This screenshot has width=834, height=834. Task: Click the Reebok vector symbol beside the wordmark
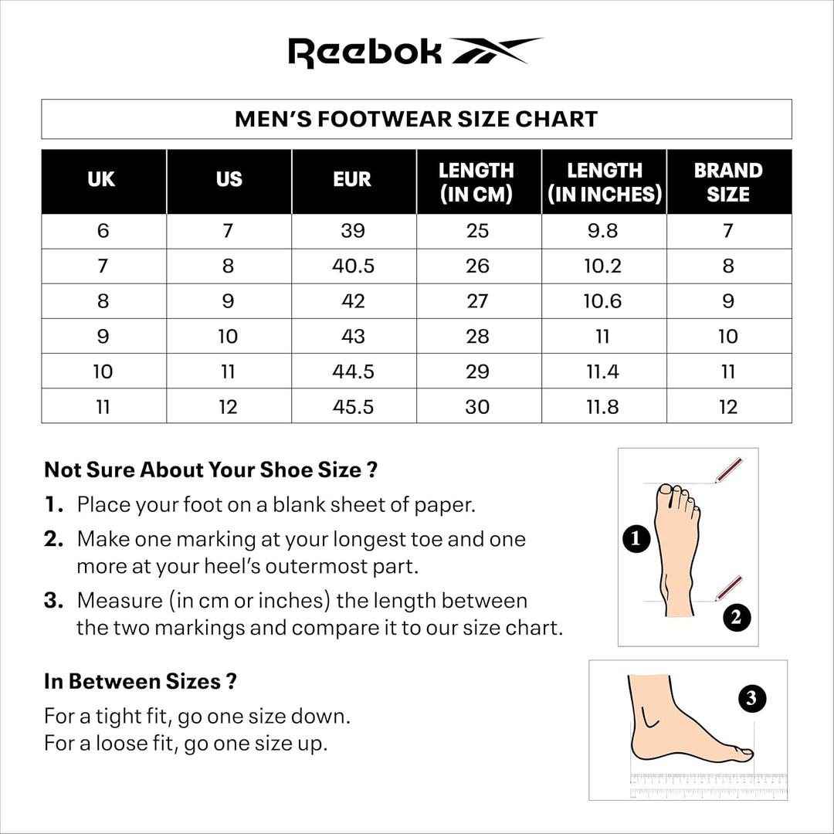496,51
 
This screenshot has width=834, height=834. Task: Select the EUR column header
353,180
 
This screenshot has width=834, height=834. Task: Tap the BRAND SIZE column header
728,181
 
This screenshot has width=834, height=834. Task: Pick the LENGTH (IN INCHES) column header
605,181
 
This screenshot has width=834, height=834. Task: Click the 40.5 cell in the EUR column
353,266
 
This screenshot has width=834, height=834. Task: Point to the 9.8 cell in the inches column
603,231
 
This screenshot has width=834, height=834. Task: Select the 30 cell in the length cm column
478,407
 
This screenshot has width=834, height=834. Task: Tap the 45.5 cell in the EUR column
353,407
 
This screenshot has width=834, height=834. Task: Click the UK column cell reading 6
103,231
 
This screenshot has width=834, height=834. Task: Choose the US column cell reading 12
228,407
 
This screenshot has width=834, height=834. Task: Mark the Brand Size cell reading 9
728,301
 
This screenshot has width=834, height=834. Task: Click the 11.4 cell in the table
603,371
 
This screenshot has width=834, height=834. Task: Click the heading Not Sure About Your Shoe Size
210,470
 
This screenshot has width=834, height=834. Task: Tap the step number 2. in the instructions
53,539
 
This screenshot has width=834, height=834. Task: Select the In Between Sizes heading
140,682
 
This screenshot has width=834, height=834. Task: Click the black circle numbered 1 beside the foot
636,538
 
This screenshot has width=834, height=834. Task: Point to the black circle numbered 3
752,700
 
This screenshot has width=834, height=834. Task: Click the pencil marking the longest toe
728,470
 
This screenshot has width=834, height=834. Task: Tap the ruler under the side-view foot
707,785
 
